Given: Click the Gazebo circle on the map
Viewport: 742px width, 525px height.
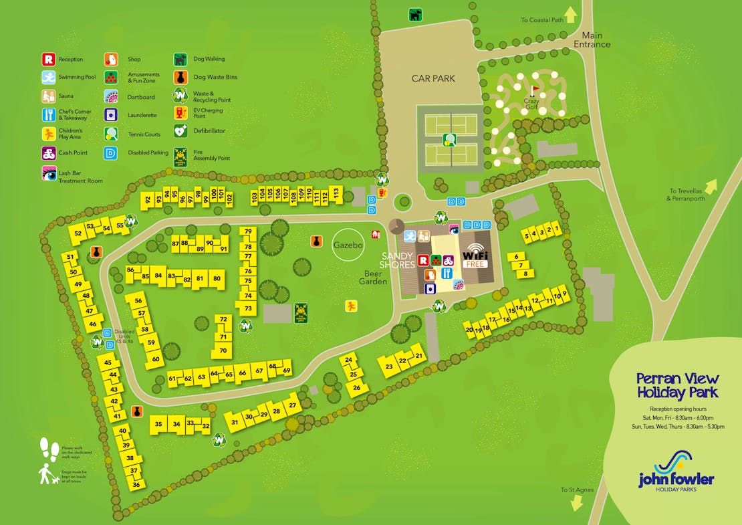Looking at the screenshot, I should click(348, 245).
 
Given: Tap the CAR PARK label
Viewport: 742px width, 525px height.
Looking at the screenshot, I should click(433, 79).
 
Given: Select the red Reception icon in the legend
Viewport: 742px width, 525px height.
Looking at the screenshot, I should click(48, 59).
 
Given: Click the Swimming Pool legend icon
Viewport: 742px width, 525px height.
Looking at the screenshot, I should click(48, 77).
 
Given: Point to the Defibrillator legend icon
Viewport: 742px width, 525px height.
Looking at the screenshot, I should click(180, 131).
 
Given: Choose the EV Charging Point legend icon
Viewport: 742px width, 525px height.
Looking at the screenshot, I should click(180, 112).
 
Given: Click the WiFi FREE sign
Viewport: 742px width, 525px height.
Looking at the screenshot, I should click(475, 255).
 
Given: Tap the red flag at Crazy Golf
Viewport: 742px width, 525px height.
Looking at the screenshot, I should click(535, 89).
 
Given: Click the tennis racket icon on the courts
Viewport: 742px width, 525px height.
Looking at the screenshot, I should click(449, 140).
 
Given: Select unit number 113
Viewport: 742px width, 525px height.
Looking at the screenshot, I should click(336, 193).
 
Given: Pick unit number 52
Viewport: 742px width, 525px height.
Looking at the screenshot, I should click(78, 233).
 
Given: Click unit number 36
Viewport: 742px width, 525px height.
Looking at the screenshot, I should click(136, 484).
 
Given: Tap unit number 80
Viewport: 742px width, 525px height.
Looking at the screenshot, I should click(216, 278).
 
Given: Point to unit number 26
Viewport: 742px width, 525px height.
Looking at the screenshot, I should click(357, 387).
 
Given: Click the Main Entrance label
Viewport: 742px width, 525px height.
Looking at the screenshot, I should click(592, 40).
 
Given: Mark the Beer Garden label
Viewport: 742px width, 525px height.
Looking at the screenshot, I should click(376, 277).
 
